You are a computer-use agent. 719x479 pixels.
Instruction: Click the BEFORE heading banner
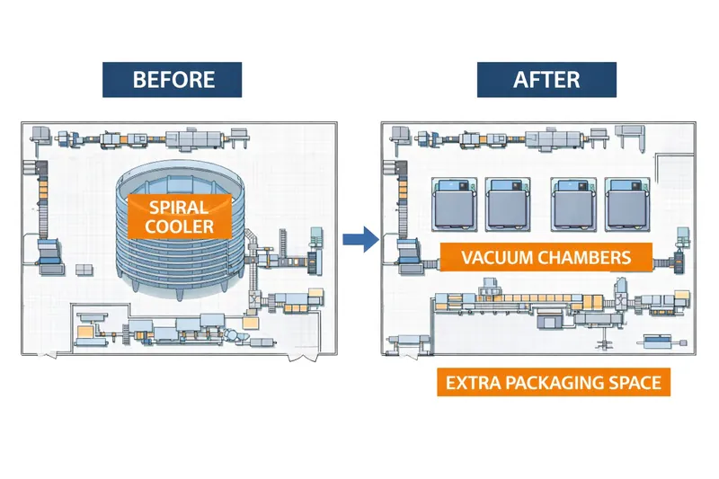click(x=173, y=79)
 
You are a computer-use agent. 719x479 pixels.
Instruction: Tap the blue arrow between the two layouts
click(x=359, y=240)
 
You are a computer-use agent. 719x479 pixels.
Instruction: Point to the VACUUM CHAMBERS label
click(x=546, y=257)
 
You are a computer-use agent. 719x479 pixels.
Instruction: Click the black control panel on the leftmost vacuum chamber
click(x=457, y=186)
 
